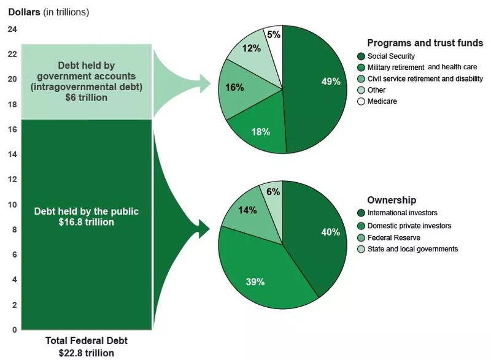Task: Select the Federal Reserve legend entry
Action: (389, 237)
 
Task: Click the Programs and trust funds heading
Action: (425, 43)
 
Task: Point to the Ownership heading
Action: (392, 200)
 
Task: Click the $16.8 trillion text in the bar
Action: (86, 222)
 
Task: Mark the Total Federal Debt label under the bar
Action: (86, 341)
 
